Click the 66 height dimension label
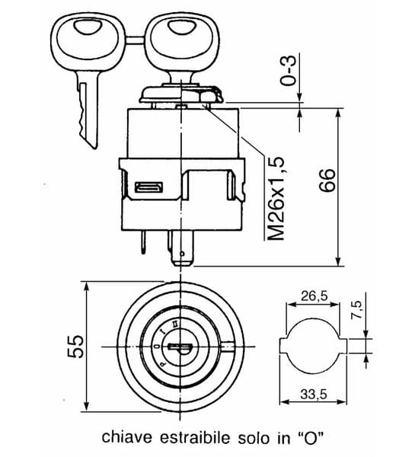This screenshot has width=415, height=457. [x=327, y=181]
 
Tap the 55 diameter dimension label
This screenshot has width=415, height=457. [x=75, y=347]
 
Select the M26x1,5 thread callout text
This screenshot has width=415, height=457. [x=276, y=199]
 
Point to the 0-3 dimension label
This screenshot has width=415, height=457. [x=288, y=70]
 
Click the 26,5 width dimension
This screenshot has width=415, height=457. [x=314, y=296]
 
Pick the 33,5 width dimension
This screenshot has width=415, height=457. [x=314, y=395]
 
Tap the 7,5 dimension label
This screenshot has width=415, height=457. [x=356, y=309]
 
